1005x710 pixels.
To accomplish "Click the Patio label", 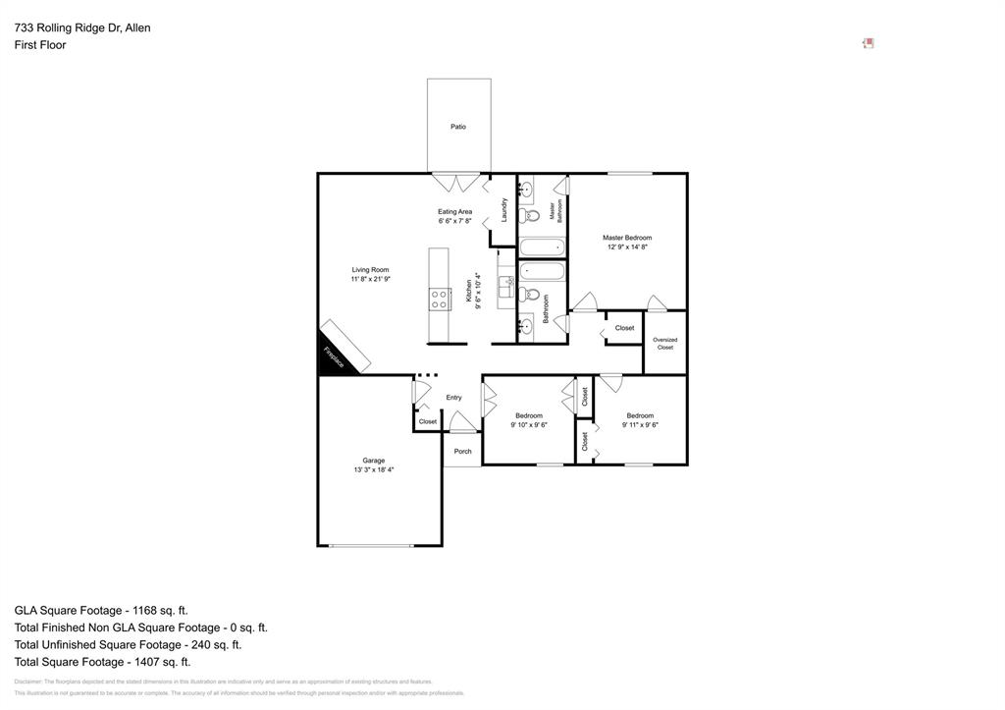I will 458,127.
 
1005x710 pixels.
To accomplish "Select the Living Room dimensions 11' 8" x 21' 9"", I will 371,280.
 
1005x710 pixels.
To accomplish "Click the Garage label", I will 373,461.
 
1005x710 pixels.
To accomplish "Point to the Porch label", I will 462,452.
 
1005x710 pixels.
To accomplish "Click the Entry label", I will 453,398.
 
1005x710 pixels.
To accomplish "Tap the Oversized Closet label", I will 664,344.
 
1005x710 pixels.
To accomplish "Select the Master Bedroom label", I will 627,238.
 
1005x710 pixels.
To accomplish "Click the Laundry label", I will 504,209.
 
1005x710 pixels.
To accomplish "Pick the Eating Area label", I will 454,212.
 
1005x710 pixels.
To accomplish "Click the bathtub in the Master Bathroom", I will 543,246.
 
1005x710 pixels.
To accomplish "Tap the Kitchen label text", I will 469,291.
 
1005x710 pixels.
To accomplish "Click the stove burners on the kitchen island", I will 439,298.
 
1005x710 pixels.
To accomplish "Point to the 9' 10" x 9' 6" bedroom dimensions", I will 529,425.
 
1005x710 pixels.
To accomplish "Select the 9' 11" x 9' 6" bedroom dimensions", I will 640,425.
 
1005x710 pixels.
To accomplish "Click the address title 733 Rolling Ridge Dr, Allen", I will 82,28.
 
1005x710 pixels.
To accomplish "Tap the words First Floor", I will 40,45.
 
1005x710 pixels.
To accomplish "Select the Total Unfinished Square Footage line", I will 128,645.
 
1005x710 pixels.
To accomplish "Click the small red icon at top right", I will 869,43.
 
